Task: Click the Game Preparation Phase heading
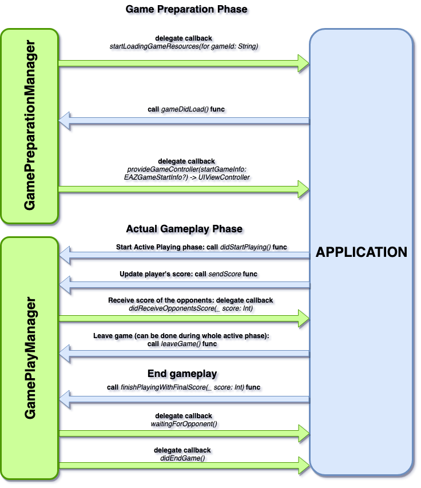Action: [x=186, y=10]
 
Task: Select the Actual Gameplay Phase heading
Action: [x=184, y=229]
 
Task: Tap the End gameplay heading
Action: [x=182, y=374]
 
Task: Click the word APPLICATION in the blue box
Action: [x=362, y=252]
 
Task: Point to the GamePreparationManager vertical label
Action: [x=30, y=125]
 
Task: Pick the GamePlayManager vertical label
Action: [x=30, y=358]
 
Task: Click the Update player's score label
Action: [x=189, y=274]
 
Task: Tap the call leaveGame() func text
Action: [x=182, y=344]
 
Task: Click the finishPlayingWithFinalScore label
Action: [x=184, y=387]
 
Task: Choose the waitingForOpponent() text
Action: [x=184, y=423]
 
